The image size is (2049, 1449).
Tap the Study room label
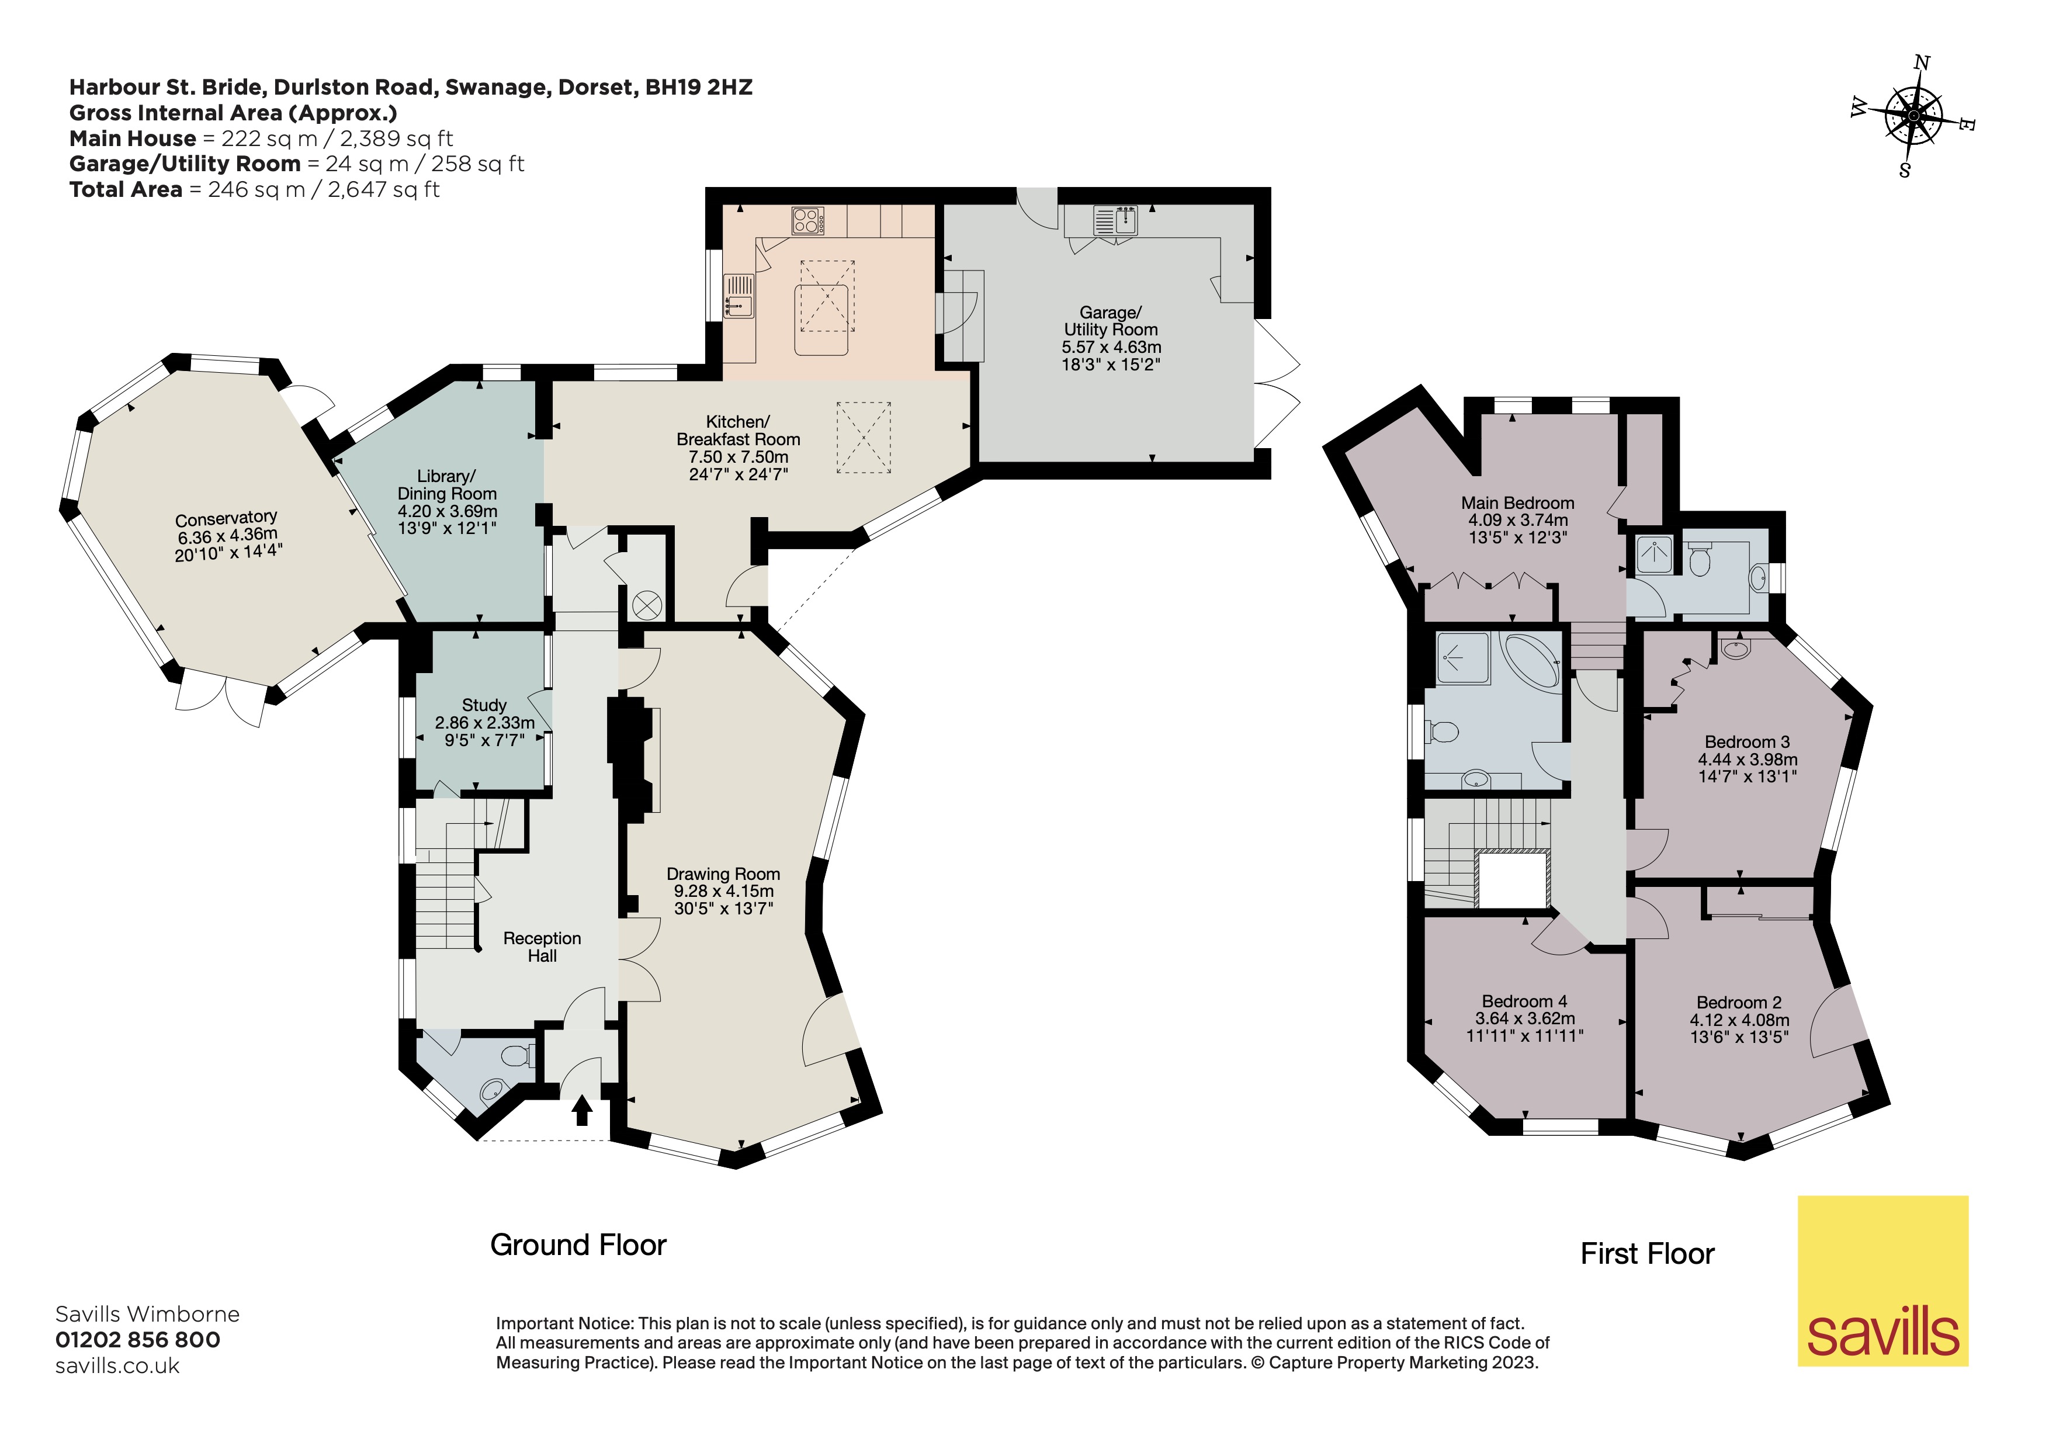pyautogui.click(x=484, y=705)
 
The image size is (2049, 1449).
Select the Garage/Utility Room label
pyautogui.click(x=1110, y=321)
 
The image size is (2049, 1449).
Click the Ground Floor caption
pyautogui.click(x=578, y=1245)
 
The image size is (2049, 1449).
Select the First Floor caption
pyautogui.click(x=1646, y=1254)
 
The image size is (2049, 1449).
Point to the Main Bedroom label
pyautogui.click(x=1517, y=503)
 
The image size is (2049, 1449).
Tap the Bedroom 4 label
pyautogui.click(x=1524, y=1001)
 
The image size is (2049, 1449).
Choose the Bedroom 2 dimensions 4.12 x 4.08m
pyautogui.click(x=1738, y=1020)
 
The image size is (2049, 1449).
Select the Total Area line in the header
pyautogui.click(x=254, y=189)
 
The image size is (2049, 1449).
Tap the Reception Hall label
pyautogui.click(x=542, y=947)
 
